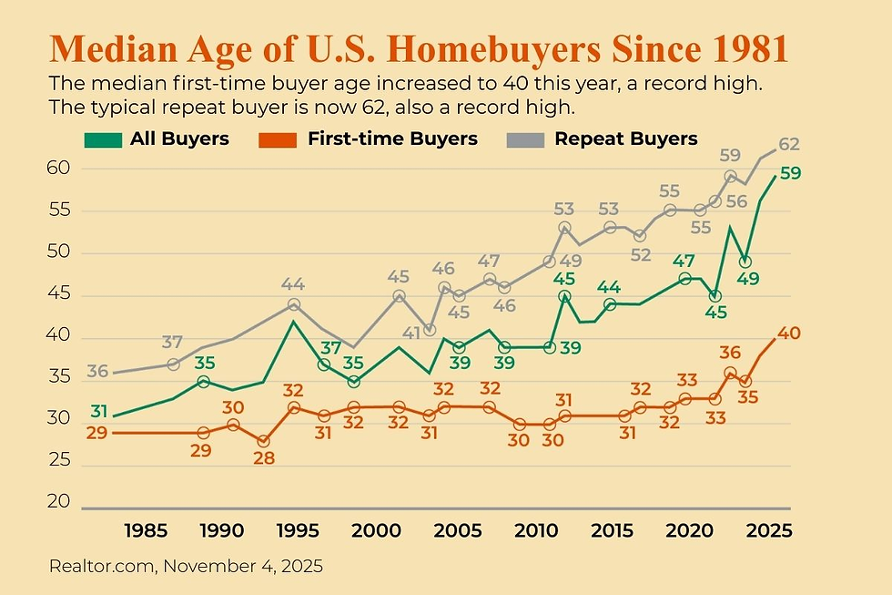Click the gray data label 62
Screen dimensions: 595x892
tap(788, 143)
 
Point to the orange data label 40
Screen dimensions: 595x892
tap(788, 333)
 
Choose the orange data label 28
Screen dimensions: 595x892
tap(264, 460)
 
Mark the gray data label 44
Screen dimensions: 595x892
tap(294, 283)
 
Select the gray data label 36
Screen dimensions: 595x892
tap(98, 371)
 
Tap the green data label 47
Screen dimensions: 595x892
tap(684, 260)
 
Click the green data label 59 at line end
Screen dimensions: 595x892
tap(790, 173)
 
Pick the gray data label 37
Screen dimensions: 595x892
tap(172, 342)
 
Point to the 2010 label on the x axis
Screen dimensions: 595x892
tap(532, 529)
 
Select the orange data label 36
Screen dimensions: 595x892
tap(730, 353)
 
